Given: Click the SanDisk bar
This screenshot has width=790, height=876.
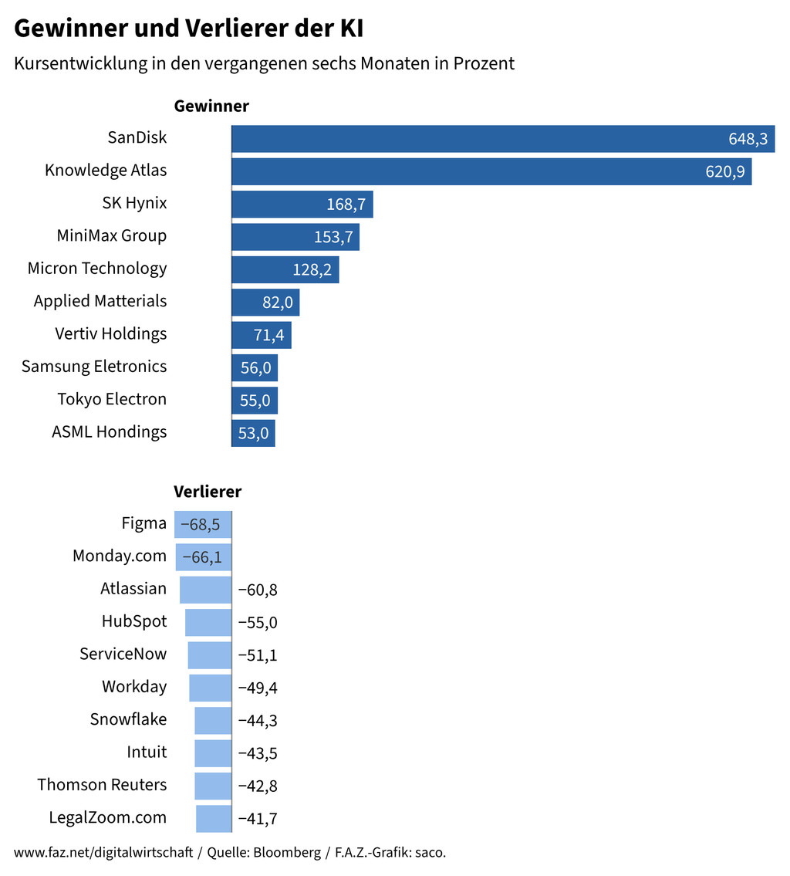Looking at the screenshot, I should (x=501, y=139).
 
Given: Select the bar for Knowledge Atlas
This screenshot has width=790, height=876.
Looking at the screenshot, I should (x=491, y=171).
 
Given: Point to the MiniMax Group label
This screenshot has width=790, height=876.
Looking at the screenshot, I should (x=112, y=235).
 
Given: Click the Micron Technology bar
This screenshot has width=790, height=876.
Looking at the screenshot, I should (x=285, y=269).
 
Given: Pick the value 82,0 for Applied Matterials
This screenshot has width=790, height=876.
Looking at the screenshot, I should (x=278, y=303).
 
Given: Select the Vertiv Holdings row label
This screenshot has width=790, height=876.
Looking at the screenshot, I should (x=111, y=334).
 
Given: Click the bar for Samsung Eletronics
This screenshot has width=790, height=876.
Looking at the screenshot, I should (x=255, y=368).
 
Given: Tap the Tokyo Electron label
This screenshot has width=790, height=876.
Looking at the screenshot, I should (x=112, y=399).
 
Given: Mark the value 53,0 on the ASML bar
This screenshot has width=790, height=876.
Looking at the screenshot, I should (x=253, y=434).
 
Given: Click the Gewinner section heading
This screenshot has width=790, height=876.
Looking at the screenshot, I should (x=211, y=107).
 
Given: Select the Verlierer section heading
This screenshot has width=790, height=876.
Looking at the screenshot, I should (x=208, y=492).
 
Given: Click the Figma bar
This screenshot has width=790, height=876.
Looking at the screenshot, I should (x=202, y=525).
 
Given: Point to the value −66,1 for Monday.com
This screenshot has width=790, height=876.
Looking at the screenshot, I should (x=202, y=557).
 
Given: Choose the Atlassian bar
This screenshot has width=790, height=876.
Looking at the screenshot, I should (x=205, y=590).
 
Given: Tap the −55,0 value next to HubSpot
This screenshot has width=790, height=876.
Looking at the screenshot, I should (x=258, y=623).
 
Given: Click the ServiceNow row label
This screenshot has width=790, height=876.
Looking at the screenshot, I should (x=123, y=654).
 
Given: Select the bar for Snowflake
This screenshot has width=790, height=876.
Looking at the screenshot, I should (x=212, y=720).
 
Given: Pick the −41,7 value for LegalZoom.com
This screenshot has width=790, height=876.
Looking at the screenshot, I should (x=258, y=819).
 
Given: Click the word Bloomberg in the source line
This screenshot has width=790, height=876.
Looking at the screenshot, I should (x=287, y=853).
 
